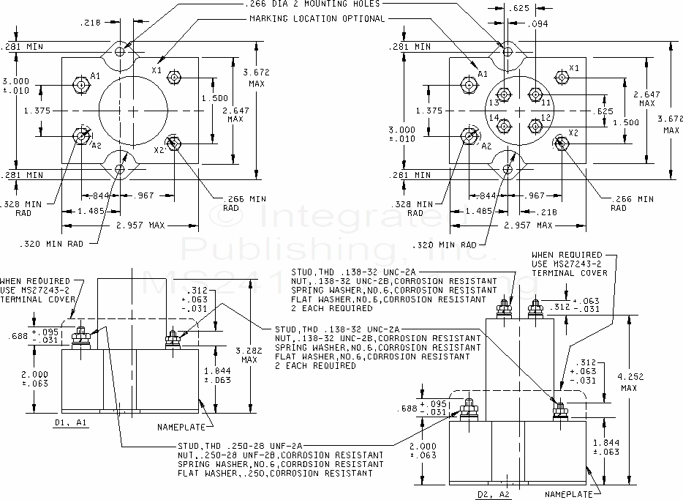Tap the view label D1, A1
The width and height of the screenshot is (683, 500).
tap(71, 422)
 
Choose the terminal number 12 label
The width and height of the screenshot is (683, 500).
tap(546, 119)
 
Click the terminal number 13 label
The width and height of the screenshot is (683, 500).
tap(494, 103)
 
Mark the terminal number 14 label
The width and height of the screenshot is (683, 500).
tap(494, 118)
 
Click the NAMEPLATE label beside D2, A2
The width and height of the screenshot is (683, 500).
tap(568, 495)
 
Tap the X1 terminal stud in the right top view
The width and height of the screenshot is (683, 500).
tap(562, 77)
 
